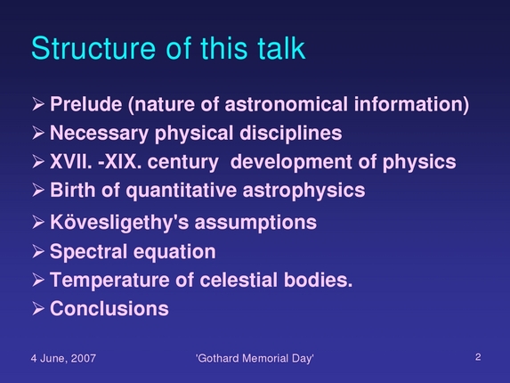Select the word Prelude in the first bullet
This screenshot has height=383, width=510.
86,105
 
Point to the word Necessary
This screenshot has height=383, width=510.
96,134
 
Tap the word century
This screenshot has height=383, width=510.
179,162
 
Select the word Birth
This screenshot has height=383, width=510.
72,190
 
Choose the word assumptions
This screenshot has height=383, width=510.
261,222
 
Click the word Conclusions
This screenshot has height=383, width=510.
109,309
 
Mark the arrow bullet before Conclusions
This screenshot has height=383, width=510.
37,309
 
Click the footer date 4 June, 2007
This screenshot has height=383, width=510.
63,358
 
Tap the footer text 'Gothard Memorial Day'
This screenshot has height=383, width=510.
255,358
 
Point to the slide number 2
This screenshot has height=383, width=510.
478,357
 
